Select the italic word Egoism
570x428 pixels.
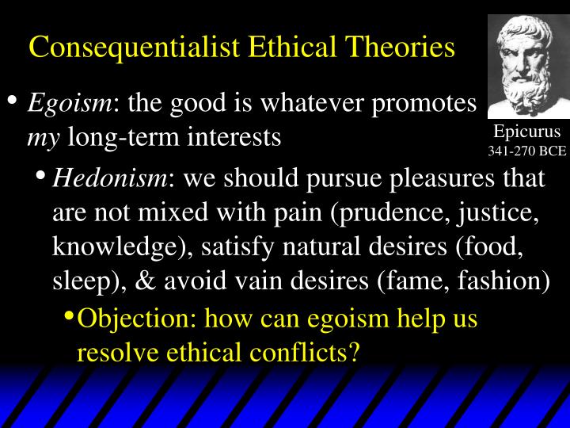tap(72, 104)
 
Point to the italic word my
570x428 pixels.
tap(43, 137)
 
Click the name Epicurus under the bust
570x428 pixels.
tap(526, 132)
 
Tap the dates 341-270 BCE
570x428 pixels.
tap(526, 149)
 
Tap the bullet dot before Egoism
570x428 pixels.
tap(12, 101)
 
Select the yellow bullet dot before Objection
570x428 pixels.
tap(69, 316)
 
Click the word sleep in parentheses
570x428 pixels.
tap(82, 281)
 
